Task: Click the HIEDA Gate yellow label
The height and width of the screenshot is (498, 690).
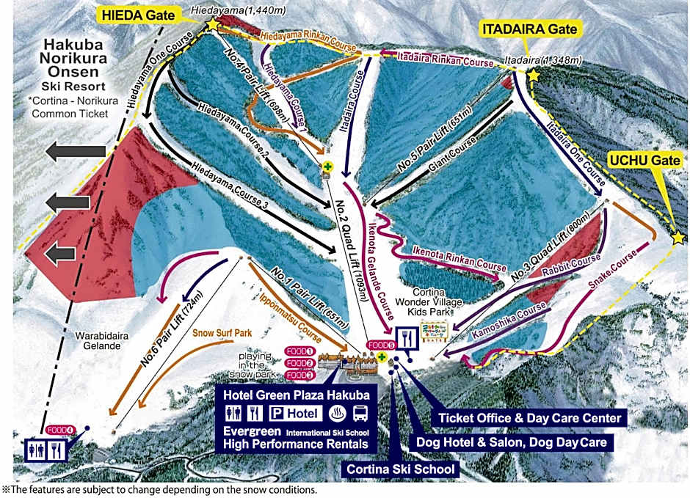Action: click(x=147, y=14)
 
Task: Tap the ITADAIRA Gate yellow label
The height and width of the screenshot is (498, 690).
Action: click(x=529, y=29)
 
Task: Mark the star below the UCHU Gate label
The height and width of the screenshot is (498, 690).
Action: click(x=678, y=238)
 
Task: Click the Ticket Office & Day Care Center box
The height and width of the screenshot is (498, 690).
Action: click(x=531, y=418)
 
